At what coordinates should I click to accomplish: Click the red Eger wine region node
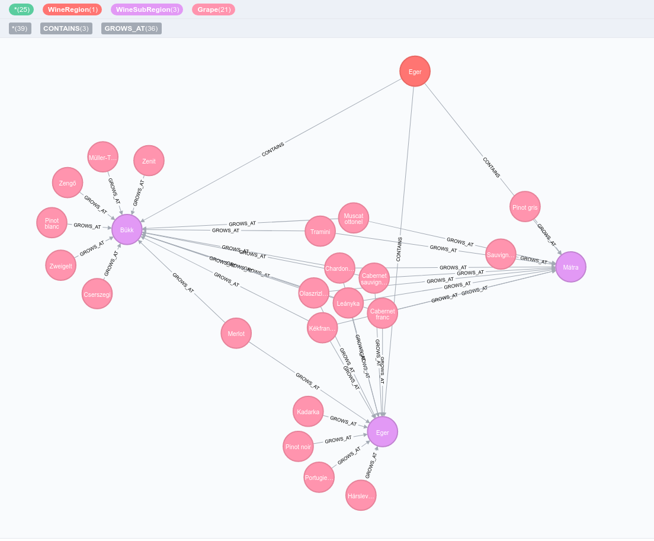(415, 72)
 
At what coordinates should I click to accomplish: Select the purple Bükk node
(127, 229)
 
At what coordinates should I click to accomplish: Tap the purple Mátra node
(570, 267)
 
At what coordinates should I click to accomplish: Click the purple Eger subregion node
(382, 432)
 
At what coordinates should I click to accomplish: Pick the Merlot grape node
(236, 333)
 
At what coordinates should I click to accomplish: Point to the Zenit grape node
(149, 161)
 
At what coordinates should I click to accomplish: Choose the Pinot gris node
(525, 207)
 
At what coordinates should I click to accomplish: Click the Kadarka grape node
(308, 411)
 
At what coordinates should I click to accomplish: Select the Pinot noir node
(298, 446)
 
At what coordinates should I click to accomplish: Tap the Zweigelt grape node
(60, 265)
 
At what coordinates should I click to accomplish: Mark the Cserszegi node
(97, 294)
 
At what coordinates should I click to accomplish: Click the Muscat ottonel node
(354, 218)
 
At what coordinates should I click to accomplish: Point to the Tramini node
(320, 231)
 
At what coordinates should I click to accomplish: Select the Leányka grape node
(348, 303)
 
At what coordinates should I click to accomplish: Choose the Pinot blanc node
(52, 223)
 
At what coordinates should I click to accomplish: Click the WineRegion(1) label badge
(72, 9)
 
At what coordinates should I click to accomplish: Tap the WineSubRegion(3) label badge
(147, 9)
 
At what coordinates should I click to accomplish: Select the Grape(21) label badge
(213, 9)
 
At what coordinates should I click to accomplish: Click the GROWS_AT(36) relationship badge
(131, 28)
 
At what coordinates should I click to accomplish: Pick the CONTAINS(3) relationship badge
(66, 28)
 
